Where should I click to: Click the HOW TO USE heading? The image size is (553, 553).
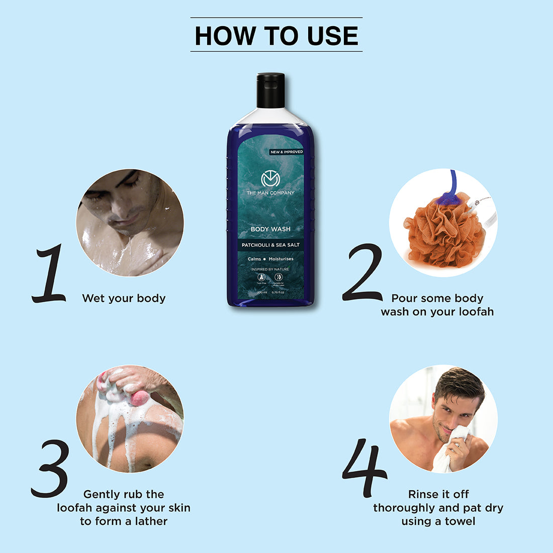(x=276, y=35)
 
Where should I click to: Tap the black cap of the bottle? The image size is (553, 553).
(x=270, y=90)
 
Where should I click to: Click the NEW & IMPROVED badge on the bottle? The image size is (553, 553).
(x=287, y=152)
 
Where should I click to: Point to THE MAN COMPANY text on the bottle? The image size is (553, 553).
(x=270, y=193)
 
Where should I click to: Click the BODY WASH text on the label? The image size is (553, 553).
(x=270, y=229)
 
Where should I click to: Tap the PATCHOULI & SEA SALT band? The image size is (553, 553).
(x=270, y=245)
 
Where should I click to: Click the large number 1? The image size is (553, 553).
(x=49, y=274)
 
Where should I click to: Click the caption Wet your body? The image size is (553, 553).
(x=124, y=298)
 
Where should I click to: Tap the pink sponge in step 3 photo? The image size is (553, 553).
(x=139, y=398)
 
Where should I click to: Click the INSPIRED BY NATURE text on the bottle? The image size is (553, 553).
(x=270, y=269)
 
